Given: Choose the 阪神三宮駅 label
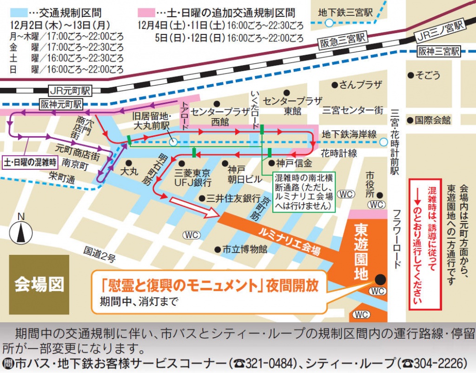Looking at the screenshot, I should tap(438, 51).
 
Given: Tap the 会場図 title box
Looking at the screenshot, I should tap(39, 284).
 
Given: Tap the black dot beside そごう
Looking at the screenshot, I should tap(410, 75).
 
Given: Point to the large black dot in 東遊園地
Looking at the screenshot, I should tap(380, 279).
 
